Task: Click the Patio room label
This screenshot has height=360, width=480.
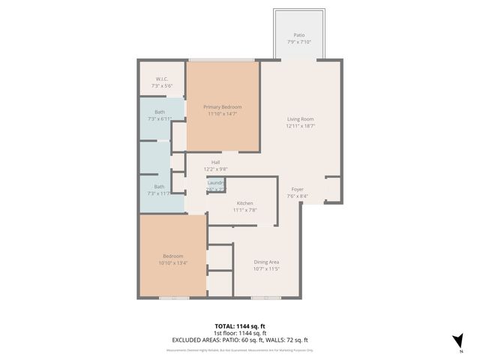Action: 299,35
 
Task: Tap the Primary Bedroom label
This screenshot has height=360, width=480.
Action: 222,106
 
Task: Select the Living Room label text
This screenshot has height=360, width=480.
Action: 300,119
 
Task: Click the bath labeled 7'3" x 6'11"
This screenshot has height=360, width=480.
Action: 160,115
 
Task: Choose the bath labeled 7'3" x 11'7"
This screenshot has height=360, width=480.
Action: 159,190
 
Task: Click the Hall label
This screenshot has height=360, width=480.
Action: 216,162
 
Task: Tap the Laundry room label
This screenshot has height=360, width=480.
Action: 216,182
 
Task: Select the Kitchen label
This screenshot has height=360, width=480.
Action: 245,203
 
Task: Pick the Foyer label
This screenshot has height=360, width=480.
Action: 298,190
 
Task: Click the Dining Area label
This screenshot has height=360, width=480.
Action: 266,262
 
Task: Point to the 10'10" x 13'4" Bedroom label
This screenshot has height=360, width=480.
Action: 172,259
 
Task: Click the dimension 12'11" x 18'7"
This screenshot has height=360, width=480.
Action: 300,126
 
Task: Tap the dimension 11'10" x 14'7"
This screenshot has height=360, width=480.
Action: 222,113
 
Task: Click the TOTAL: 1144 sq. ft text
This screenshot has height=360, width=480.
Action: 240,327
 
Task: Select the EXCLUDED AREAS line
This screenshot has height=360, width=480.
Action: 240,340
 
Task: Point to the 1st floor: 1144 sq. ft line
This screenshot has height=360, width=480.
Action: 240,333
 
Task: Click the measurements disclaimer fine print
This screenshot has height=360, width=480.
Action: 240,349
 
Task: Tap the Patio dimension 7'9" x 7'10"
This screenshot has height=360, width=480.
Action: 299,42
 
